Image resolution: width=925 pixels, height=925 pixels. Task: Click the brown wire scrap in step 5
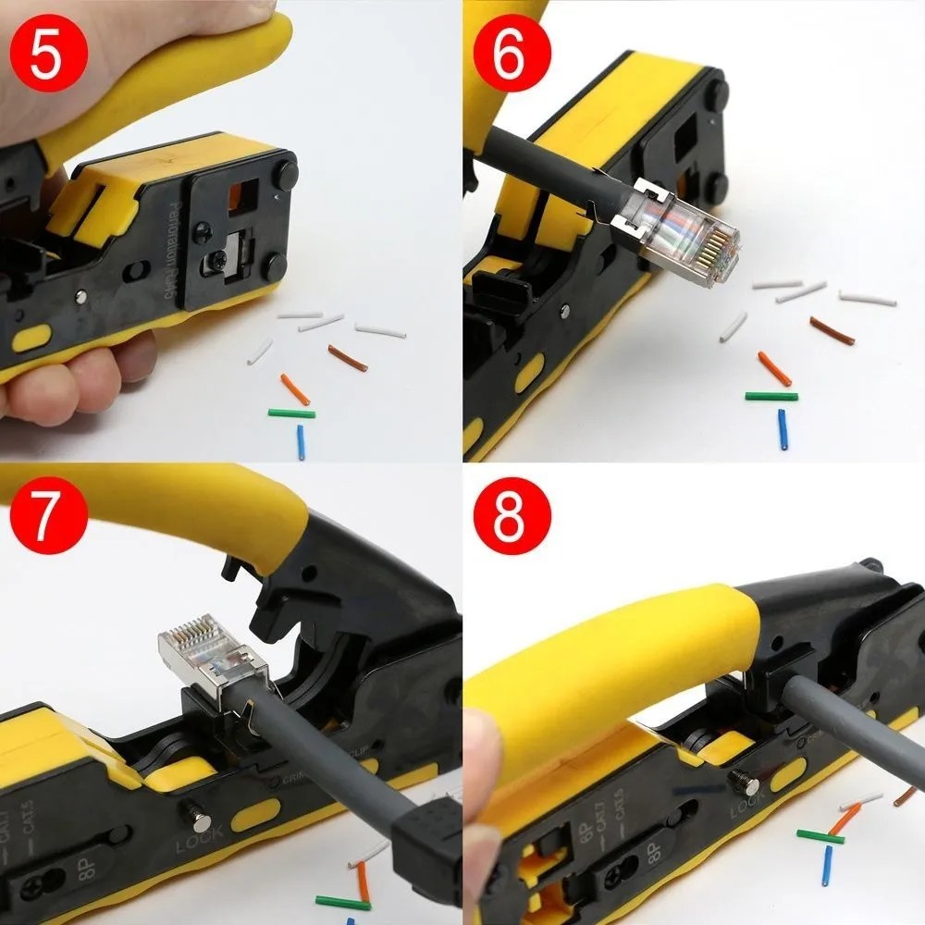click(349, 358)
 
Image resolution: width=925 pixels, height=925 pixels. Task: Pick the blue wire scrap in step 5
click(300, 442)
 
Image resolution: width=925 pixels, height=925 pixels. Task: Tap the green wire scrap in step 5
click(291, 413)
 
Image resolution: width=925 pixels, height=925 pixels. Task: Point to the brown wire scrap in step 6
click(832, 330)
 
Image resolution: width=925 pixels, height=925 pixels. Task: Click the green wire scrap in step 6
click(771, 396)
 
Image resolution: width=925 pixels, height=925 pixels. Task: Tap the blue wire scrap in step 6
click(782, 429)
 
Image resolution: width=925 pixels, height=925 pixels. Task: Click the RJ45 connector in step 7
click(212, 660)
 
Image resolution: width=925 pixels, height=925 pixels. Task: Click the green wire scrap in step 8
click(820, 836)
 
